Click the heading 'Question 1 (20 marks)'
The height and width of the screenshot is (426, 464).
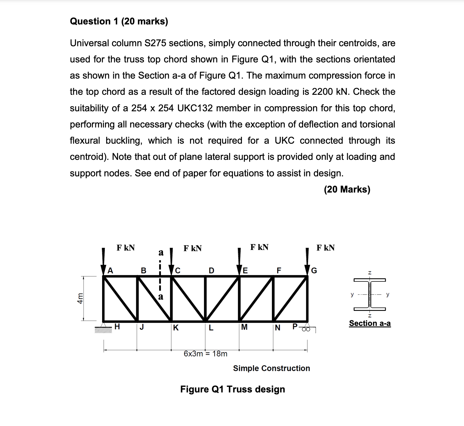pyautogui.click(x=119, y=21)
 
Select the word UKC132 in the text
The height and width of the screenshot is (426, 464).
pyautogui.click(x=195, y=108)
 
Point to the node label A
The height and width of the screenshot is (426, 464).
pyautogui.click(x=110, y=270)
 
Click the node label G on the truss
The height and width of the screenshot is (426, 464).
pyautogui.click(x=314, y=270)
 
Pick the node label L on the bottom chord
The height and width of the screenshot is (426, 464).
pyautogui.click(x=211, y=328)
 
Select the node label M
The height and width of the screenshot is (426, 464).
pyautogui.click(x=244, y=327)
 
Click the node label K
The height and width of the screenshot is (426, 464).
pyautogui.click(x=176, y=328)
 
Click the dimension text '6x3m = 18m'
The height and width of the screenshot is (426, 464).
pyautogui.click(x=205, y=354)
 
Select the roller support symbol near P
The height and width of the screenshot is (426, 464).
pyautogui.click(x=306, y=329)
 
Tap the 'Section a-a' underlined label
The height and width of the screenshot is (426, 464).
pyautogui.click(x=370, y=323)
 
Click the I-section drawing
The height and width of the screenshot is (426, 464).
pyautogui.click(x=370, y=294)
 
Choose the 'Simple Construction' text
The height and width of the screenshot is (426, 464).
pyautogui.click(x=271, y=368)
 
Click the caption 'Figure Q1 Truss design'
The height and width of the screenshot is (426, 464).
pyautogui.click(x=232, y=389)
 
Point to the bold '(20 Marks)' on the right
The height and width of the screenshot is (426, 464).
pyautogui.click(x=347, y=189)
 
